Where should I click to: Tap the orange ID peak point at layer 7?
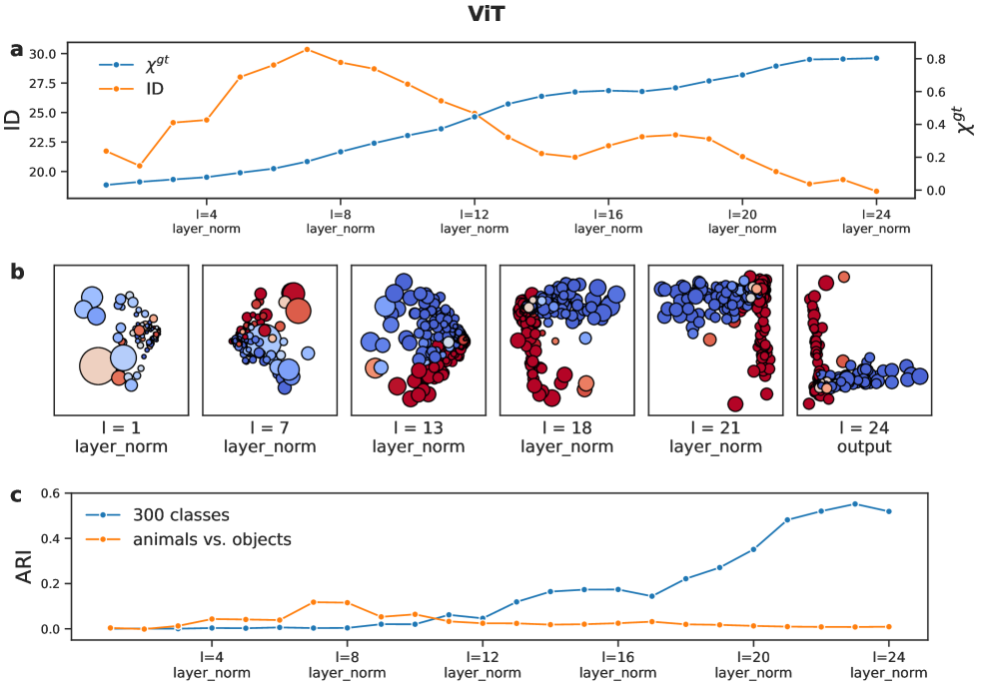click(x=307, y=49)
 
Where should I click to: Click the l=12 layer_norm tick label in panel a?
click(x=475, y=221)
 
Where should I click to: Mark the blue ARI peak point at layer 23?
click(x=855, y=503)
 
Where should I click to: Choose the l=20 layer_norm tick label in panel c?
click(x=752, y=665)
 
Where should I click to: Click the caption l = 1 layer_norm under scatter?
click(x=121, y=437)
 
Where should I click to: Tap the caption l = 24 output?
click(x=863, y=437)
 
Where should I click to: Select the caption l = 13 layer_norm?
click(x=418, y=437)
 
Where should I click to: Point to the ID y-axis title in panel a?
click(x=13, y=120)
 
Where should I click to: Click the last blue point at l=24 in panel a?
click(x=876, y=58)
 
